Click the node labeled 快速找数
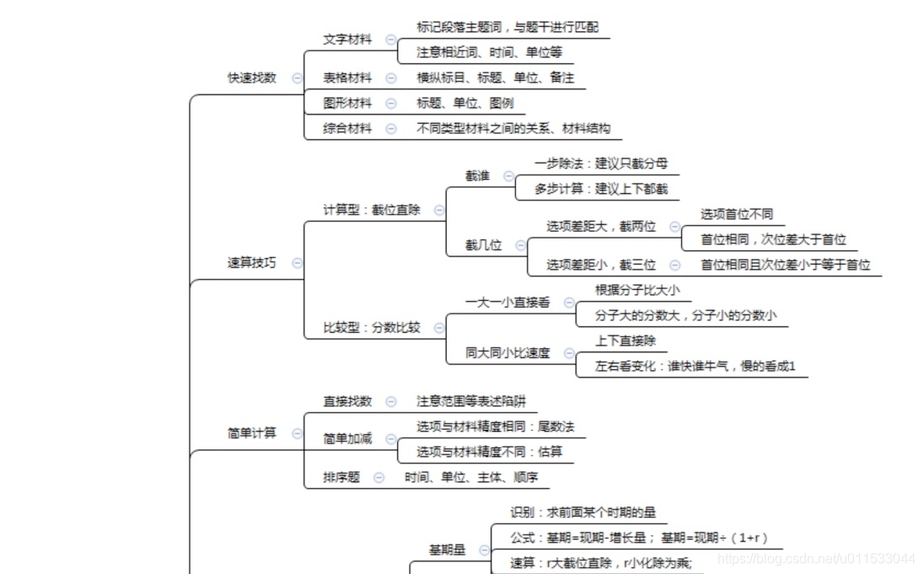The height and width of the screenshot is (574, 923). (x=251, y=78)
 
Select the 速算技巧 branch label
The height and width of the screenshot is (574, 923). (x=251, y=263)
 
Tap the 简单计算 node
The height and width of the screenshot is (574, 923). (x=251, y=433)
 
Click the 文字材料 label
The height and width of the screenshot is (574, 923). (x=347, y=40)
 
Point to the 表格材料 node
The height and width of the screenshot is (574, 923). (x=347, y=78)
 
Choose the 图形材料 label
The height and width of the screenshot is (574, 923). (x=347, y=104)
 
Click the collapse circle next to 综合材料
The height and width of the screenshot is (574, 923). (x=390, y=129)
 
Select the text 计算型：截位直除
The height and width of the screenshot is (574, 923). (x=372, y=210)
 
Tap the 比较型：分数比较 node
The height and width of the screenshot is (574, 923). (x=372, y=328)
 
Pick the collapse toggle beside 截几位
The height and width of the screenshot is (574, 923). (x=520, y=245)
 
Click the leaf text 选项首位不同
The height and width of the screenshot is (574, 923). (x=737, y=214)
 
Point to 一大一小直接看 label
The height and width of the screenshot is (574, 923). (x=507, y=302)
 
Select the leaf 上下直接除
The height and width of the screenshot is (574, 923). (x=625, y=341)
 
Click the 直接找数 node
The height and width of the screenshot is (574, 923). (x=347, y=401)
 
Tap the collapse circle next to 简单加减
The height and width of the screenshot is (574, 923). (x=390, y=438)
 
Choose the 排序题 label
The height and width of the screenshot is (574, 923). (x=341, y=477)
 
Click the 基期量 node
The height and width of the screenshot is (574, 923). (x=447, y=550)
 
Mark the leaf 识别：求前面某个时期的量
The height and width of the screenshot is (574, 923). (x=582, y=512)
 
